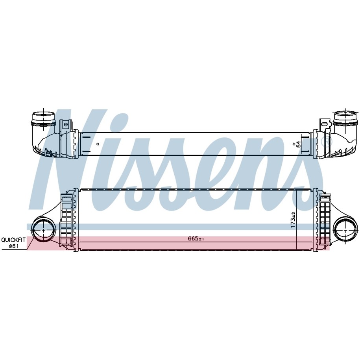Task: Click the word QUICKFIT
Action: tap(13, 240)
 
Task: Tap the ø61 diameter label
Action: tap(13, 246)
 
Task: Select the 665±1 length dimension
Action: tap(196, 239)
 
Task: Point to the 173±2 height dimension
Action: tap(293, 220)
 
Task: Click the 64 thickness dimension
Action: tap(298, 144)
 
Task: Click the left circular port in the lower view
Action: tap(44, 230)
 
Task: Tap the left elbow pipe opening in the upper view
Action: tap(44, 118)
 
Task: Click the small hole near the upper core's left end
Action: tap(98, 144)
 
